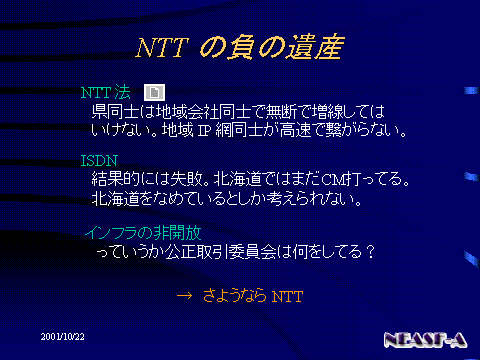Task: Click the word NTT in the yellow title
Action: [162, 48]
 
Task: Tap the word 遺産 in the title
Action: [315, 47]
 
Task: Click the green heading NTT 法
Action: [106, 92]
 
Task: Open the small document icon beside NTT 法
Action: [154, 92]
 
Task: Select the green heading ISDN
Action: [99, 161]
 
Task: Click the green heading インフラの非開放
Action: [143, 233]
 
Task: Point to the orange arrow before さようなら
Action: [184, 296]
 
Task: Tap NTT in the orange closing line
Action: [287, 296]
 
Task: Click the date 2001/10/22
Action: [63, 337]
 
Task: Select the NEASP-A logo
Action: [425, 340]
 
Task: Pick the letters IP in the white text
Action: [204, 130]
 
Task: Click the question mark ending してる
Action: [370, 252]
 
